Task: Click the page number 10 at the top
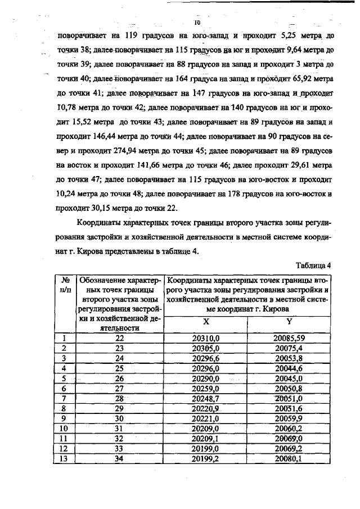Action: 197,23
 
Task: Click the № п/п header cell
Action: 66,285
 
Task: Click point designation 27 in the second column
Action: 119,388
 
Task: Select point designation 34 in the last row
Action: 119,458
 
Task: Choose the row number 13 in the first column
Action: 65,458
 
